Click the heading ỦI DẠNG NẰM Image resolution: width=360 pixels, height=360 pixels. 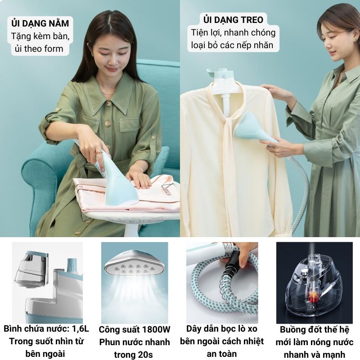(x=40, y=23)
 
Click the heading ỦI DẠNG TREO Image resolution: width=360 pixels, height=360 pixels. (x=233, y=20)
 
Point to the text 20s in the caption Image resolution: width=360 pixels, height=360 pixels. (x=146, y=354)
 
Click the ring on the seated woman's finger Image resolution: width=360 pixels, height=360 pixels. (x=99, y=152)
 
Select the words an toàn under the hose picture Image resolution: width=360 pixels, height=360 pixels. (x=221, y=354)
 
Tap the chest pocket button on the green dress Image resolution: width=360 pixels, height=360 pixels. (x=107, y=123)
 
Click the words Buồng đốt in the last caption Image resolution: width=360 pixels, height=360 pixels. (x=297, y=329)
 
